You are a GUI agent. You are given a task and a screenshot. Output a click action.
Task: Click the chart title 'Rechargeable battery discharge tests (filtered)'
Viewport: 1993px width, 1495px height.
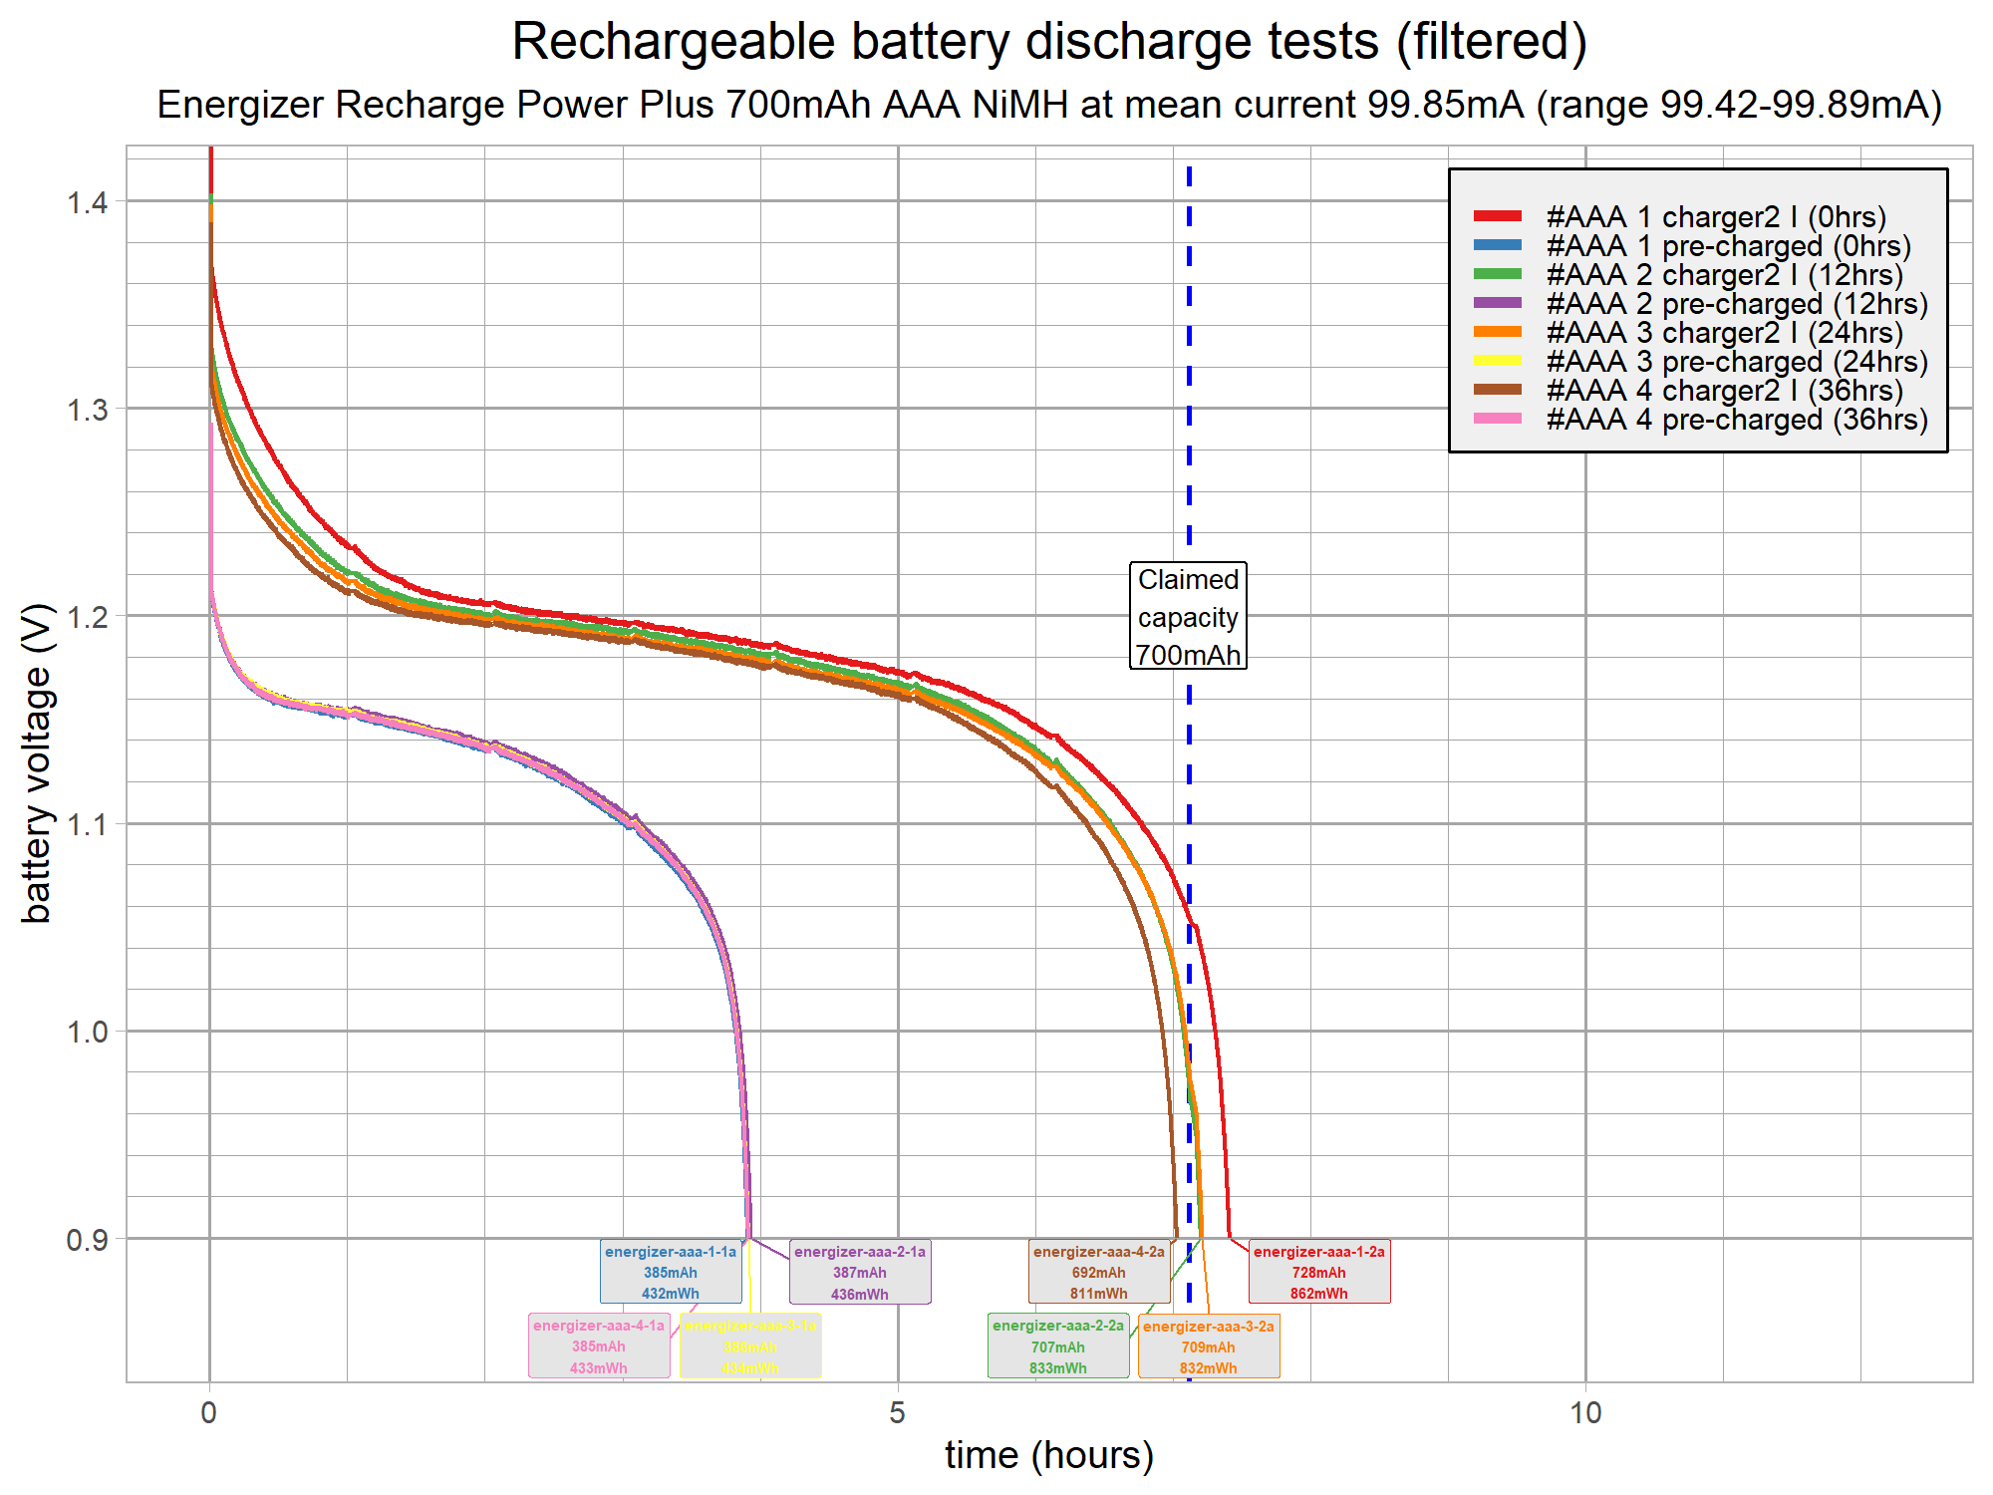(x=1048, y=43)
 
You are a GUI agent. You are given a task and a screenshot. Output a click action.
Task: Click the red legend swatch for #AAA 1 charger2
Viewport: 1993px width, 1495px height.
(x=1498, y=216)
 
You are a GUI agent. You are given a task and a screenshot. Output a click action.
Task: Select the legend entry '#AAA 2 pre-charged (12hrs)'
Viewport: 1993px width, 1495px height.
(x=1736, y=303)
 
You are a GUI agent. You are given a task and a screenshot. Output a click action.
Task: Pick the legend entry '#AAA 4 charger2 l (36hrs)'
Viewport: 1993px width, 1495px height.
(x=1723, y=390)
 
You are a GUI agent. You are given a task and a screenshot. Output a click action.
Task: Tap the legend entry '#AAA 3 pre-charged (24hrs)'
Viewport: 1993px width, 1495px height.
(x=1736, y=361)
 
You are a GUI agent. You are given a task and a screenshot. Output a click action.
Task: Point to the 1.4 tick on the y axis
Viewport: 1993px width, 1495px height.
(x=87, y=202)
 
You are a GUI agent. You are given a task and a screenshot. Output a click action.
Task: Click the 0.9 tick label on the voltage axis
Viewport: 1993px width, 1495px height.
(x=87, y=1240)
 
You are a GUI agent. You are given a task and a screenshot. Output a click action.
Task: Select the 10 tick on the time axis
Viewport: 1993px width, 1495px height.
(x=1585, y=1412)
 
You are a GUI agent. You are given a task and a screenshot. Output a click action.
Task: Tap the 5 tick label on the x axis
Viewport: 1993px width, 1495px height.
(x=898, y=1412)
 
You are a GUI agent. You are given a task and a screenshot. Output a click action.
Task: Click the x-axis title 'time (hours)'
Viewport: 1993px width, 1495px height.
(x=1048, y=1455)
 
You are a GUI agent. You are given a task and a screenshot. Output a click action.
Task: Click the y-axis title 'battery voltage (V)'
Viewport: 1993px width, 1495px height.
(x=37, y=762)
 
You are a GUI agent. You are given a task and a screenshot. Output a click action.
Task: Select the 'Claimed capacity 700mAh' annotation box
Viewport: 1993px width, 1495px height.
(x=1188, y=616)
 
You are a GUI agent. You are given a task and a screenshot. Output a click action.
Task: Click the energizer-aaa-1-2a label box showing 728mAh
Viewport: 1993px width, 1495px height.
(x=1318, y=1273)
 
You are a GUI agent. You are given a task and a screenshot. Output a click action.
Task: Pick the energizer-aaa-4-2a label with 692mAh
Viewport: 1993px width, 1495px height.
(x=1098, y=1273)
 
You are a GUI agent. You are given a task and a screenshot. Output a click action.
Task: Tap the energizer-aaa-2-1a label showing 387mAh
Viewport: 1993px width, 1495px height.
(x=859, y=1273)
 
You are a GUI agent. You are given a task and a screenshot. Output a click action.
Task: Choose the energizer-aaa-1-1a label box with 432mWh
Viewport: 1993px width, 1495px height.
(x=671, y=1273)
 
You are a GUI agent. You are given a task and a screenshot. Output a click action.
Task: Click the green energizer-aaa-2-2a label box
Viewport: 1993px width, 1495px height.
(x=1057, y=1346)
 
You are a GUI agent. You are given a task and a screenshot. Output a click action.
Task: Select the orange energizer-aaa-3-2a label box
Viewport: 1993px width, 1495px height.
(x=1208, y=1346)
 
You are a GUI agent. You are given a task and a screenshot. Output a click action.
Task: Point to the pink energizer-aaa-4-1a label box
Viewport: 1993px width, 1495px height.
(x=598, y=1346)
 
